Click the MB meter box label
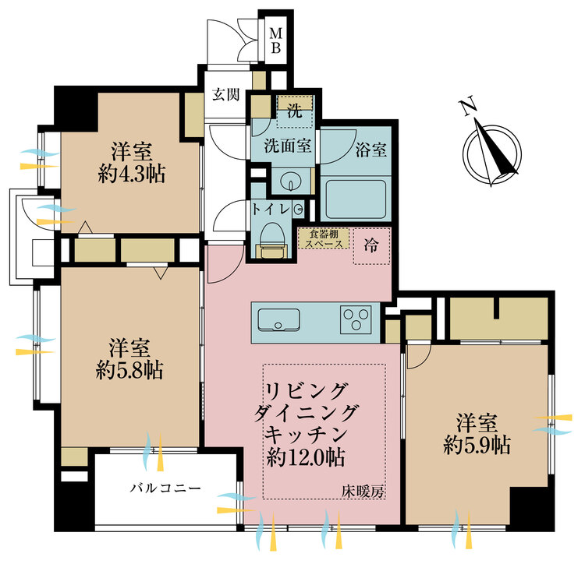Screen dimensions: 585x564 (275, 41)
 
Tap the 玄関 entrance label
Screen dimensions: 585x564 (225, 94)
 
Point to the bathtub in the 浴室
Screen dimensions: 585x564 (356, 199)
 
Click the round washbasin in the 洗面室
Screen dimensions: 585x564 (291, 181)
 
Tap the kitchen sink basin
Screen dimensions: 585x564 (278, 319)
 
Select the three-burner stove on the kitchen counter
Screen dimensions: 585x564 (356, 319)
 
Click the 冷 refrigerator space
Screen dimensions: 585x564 (371, 246)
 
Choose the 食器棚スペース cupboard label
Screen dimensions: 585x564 (324, 239)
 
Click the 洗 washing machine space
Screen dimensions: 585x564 (295, 111)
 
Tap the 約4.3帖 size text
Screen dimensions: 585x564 (132, 174)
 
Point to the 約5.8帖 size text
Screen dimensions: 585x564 (129, 370)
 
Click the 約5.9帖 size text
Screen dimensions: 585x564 (477, 445)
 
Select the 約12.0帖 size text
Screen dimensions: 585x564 (306, 457)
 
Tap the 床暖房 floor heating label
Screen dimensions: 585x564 (363, 492)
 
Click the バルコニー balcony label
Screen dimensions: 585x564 (165, 488)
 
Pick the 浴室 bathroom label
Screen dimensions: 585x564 (370, 150)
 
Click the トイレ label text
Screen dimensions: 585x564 (271, 210)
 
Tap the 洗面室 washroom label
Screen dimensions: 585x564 (288, 145)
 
